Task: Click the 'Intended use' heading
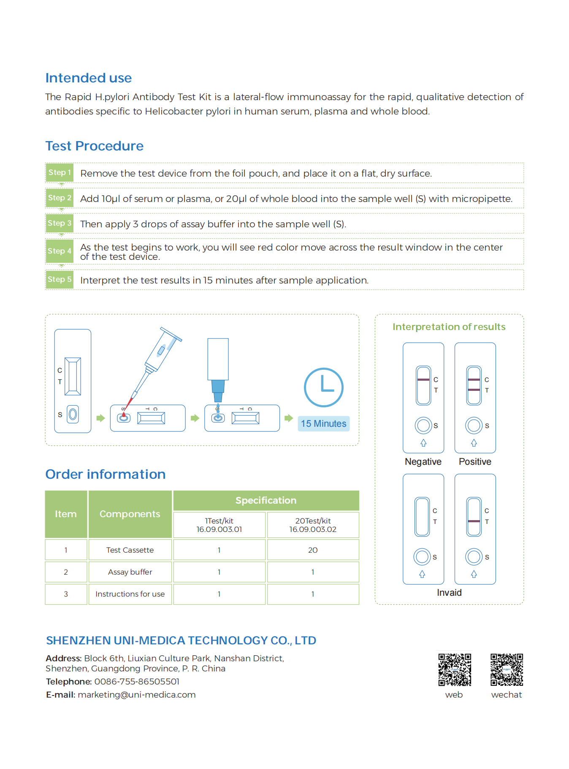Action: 89,78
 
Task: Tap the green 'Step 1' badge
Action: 60,172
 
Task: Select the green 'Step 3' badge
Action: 60,223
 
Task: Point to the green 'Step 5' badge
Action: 60,279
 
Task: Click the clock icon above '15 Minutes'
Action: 324,387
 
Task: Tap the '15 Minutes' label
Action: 324,424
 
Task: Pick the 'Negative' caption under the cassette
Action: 423,462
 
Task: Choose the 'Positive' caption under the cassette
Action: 475,462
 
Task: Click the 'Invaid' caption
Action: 449,593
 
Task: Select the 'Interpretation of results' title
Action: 449,327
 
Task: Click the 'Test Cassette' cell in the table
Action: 130,550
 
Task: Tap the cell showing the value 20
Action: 313,550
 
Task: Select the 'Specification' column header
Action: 266,501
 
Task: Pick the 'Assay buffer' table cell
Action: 130,572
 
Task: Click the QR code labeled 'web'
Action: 455,670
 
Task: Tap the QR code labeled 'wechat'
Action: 507,670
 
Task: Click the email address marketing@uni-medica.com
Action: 137,695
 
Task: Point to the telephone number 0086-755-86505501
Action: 137,682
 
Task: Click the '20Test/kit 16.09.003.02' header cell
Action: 313,525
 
